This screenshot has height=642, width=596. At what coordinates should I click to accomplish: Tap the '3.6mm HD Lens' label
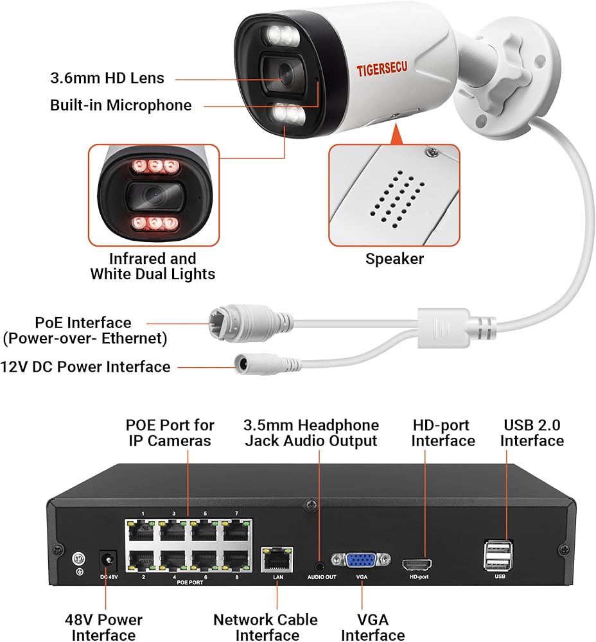tap(107, 78)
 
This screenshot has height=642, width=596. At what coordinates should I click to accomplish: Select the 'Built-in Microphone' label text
tap(121, 105)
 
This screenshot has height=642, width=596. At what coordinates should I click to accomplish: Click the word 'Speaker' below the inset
tap(394, 259)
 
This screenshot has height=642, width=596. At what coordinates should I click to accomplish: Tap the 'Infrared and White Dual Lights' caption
tap(152, 266)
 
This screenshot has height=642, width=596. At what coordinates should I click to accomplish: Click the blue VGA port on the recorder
tap(360, 560)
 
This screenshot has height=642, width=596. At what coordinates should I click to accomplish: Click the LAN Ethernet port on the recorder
tap(277, 559)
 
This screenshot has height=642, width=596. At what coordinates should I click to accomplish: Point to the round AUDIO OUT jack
tap(320, 566)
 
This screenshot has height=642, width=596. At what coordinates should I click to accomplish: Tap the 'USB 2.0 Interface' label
tap(532, 433)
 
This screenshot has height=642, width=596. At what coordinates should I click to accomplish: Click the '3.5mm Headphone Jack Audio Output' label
tap(311, 433)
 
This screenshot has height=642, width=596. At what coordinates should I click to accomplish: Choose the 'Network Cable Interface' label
tap(265, 627)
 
